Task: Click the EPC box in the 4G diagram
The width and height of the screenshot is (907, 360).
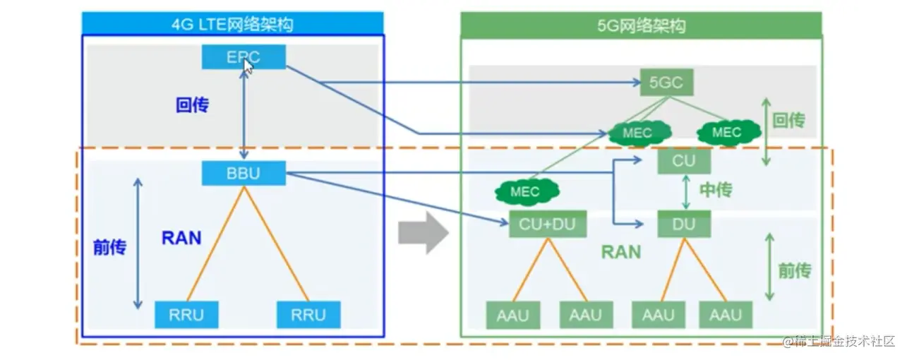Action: click(244, 57)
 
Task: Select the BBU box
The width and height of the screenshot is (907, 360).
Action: click(244, 174)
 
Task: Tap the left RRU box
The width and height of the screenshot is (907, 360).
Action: click(186, 314)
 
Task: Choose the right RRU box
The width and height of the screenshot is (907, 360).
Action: click(308, 314)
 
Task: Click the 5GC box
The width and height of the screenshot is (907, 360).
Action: click(666, 83)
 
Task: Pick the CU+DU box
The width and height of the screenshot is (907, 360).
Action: click(547, 225)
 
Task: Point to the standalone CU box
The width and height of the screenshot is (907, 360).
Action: click(683, 161)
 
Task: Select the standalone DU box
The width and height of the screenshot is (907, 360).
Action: click(683, 224)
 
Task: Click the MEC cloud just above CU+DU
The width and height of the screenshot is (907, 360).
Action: click(525, 191)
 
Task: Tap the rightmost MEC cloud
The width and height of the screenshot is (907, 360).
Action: click(727, 132)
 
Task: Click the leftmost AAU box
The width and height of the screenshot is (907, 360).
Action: click(512, 315)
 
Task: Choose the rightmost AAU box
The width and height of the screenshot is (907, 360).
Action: click(726, 315)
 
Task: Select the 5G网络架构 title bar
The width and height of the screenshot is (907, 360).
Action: click(641, 26)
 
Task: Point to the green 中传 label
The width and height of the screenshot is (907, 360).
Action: click(716, 190)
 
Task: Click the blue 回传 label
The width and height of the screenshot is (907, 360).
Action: click(193, 105)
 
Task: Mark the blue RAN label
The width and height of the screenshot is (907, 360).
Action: click(181, 238)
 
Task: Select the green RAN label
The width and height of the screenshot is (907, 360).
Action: click(621, 251)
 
